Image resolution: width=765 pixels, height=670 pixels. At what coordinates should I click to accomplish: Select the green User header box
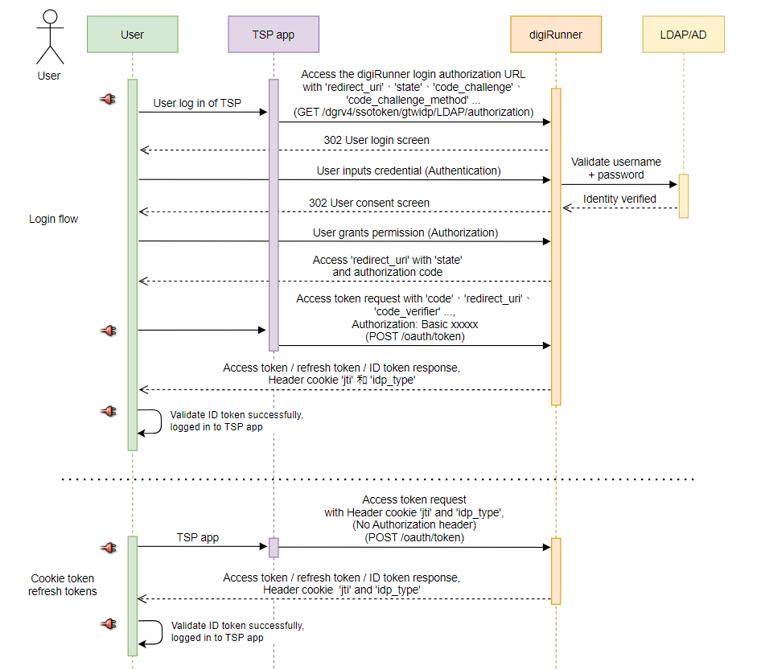point(133,35)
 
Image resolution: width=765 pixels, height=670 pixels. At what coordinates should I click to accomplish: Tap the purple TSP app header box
point(274,35)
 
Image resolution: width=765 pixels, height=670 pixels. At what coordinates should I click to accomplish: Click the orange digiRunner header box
point(555,35)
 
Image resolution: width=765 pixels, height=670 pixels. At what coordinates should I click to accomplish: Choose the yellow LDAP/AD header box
point(684,35)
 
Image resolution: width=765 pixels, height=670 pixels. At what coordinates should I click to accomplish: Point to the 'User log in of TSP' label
point(197,103)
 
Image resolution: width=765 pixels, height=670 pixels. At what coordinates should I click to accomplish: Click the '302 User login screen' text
point(376,140)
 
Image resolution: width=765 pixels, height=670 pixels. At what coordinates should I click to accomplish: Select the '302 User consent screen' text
point(369,203)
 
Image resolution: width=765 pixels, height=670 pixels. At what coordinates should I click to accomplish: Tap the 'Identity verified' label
point(619,199)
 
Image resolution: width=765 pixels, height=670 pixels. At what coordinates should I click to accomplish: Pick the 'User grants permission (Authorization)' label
point(405,232)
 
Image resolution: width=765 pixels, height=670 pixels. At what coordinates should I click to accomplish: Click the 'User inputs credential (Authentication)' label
point(409,171)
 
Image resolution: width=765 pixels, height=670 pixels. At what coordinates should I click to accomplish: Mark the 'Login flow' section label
point(54,219)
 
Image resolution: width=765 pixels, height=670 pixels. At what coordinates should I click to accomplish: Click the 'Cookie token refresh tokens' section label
point(63,585)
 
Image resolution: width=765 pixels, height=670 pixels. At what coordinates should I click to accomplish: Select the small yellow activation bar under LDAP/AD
point(683,195)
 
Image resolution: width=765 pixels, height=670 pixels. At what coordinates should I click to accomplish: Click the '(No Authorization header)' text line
point(414,524)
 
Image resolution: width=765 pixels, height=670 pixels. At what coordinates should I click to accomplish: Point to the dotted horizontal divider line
point(378,479)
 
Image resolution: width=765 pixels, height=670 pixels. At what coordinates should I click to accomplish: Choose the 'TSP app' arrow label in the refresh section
point(198,537)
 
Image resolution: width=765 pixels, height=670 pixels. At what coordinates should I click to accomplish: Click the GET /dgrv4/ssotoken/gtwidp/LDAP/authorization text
point(413,112)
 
